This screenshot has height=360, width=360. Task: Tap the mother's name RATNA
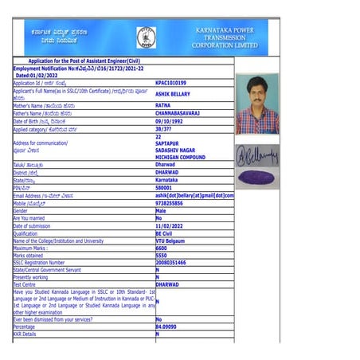point(162,105)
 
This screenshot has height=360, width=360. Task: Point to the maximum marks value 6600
point(161,248)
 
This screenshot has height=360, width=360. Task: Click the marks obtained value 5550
point(161,255)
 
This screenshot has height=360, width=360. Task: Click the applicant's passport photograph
point(257,104)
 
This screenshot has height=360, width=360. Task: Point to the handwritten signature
point(257,151)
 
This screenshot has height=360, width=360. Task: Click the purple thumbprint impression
point(257,178)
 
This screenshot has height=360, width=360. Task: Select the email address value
point(194,195)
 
